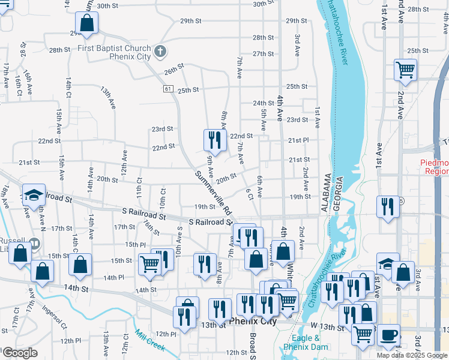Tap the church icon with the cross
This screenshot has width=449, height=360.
[x=159, y=52]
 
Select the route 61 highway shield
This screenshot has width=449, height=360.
[x=167, y=88]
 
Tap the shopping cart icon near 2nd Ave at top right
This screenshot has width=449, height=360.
[x=405, y=70]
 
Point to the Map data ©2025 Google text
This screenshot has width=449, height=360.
[x=412, y=355]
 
